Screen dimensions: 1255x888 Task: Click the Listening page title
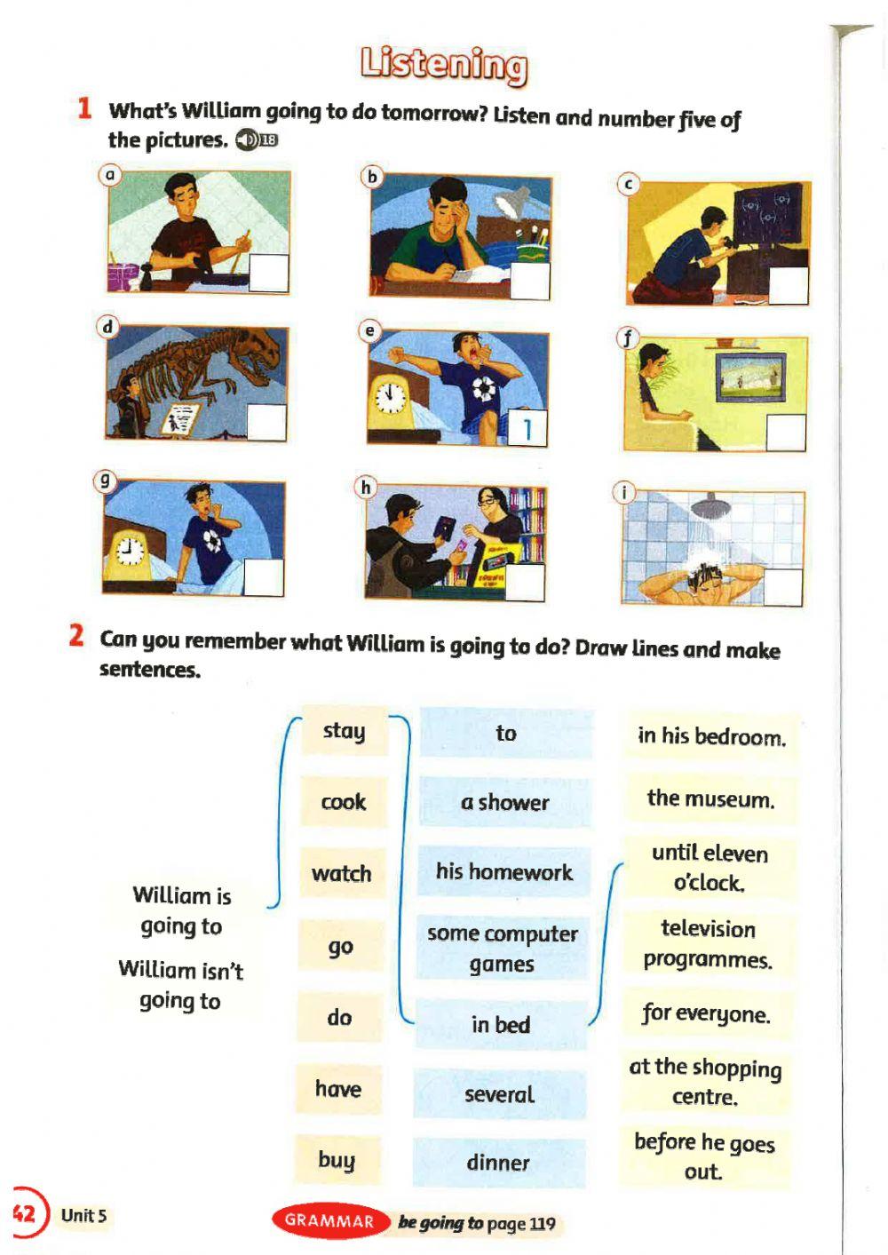click(443, 65)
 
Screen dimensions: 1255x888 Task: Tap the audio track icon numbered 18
click(257, 139)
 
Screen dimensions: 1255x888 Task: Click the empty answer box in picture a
click(268, 273)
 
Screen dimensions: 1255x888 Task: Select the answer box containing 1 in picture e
click(527, 429)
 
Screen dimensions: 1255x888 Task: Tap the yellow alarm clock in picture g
click(130, 552)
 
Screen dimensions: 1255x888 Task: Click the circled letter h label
click(365, 487)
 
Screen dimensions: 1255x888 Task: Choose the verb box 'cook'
click(344, 802)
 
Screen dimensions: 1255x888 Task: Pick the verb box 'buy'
click(337, 1160)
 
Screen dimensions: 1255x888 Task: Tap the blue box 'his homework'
click(503, 871)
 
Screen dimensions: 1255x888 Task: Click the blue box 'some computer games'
click(502, 949)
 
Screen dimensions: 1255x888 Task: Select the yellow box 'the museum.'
click(710, 798)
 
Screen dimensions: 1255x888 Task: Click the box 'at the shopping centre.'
click(705, 1082)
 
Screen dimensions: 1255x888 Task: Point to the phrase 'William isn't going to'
click(181, 985)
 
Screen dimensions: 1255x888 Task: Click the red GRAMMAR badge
click(329, 1221)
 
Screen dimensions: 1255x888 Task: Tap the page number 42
click(24, 1213)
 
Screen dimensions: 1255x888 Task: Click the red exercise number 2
click(77, 637)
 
